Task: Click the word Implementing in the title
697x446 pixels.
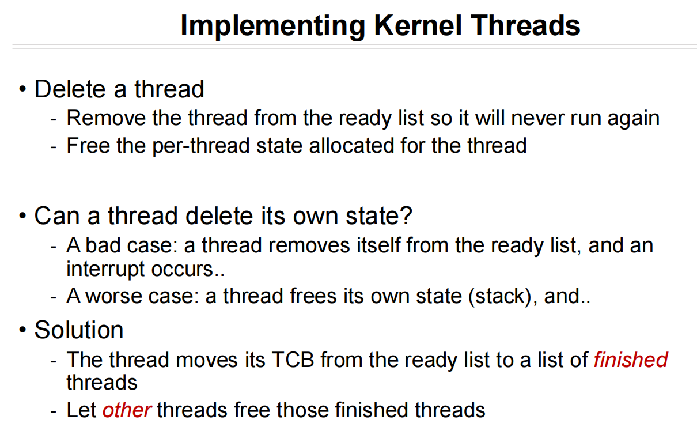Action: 273,26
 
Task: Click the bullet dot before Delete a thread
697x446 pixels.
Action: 22,89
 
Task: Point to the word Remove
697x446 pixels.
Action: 106,118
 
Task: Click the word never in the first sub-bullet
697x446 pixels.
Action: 537,119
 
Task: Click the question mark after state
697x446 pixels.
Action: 406,216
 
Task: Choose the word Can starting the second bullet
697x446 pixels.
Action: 56,216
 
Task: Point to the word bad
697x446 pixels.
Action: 103,245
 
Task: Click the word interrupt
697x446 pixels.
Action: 105,269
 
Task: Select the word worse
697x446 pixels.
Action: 113,296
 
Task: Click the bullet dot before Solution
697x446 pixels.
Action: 22,330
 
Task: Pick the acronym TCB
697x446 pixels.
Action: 293,360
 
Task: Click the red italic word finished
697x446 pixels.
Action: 631,360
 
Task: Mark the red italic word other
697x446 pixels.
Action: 127,410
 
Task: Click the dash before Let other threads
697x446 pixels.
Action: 54,411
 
